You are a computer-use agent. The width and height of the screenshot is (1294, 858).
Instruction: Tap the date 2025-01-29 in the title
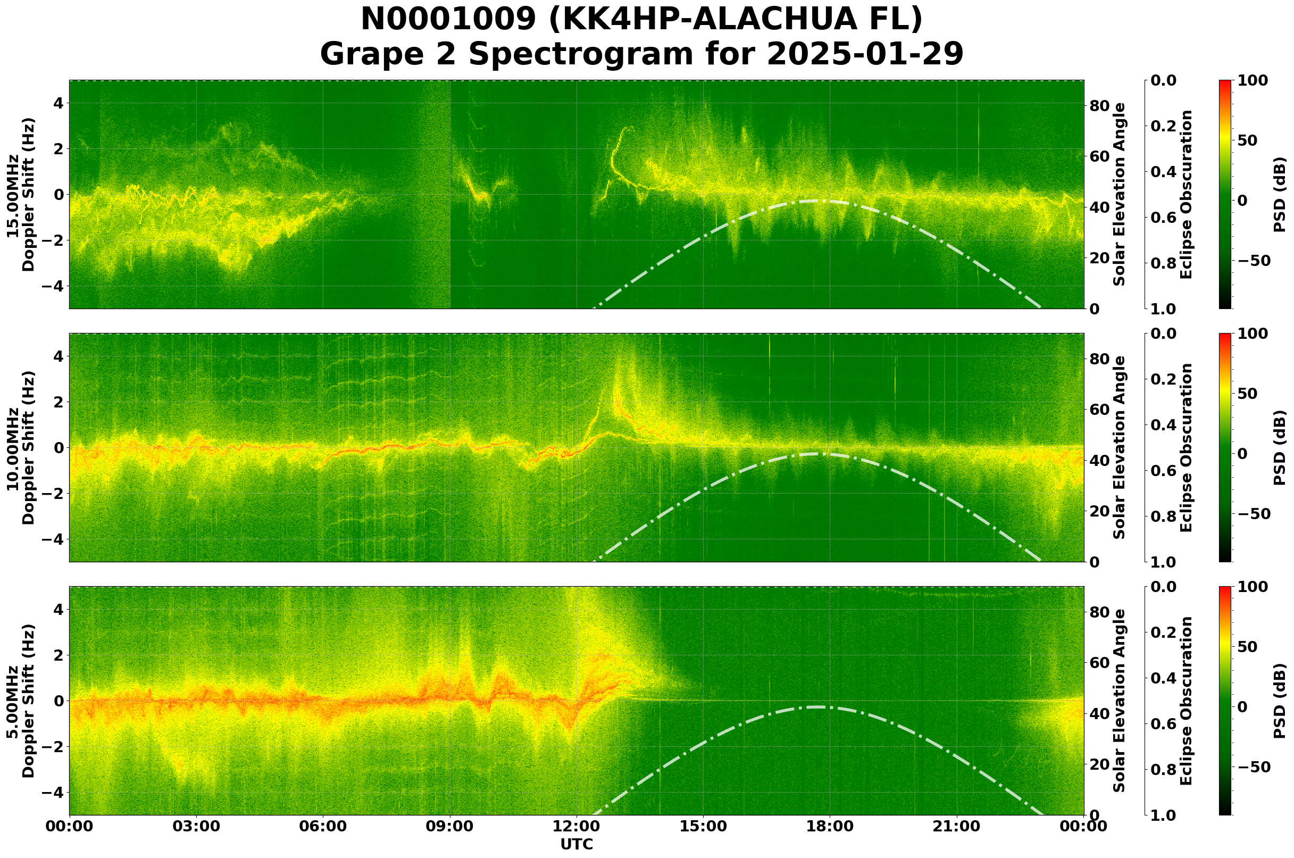pyautogui.click(x=864, y=55)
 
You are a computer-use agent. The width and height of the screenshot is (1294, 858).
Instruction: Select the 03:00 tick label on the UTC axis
pyautogui.click(x=196, y=826)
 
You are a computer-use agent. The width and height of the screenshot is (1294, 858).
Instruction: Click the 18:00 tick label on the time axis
pyautogui.click(x=830, y=826)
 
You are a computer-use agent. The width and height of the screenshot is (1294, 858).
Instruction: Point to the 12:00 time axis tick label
pyautogui.click(x=576, y=826)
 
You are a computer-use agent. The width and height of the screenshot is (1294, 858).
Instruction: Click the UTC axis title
pyautogui.click(x=576, y=844)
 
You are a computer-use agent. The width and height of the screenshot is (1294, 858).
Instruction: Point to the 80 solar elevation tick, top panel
pyautogui.click(x=1099, y=106)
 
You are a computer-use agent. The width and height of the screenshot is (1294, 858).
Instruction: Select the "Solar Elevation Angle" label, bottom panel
pyautogui.click(x=1120, y=701)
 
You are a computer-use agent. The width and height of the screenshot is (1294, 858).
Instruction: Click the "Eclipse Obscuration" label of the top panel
pyautogui.click(x=1186, y=195)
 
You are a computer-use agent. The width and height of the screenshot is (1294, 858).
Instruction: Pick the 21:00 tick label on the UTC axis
pyautogui.click(x=956, y=826)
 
